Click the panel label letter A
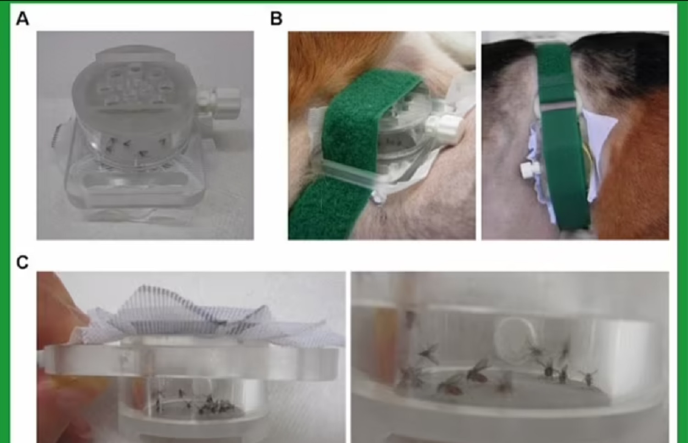pos(22,19)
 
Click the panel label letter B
pos(276,19)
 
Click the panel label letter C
pos(22,262)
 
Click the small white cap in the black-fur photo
pos(529,170)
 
